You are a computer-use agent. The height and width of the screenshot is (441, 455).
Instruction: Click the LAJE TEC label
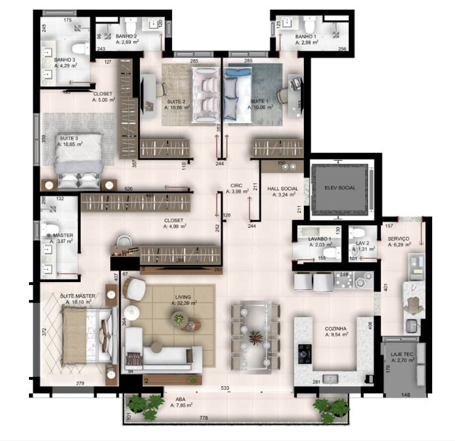(x=401, y=355)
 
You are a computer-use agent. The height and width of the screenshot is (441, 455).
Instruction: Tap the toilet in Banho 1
(x=310, y=26)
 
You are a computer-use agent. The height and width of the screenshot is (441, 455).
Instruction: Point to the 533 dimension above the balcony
(x=227, y=389)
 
